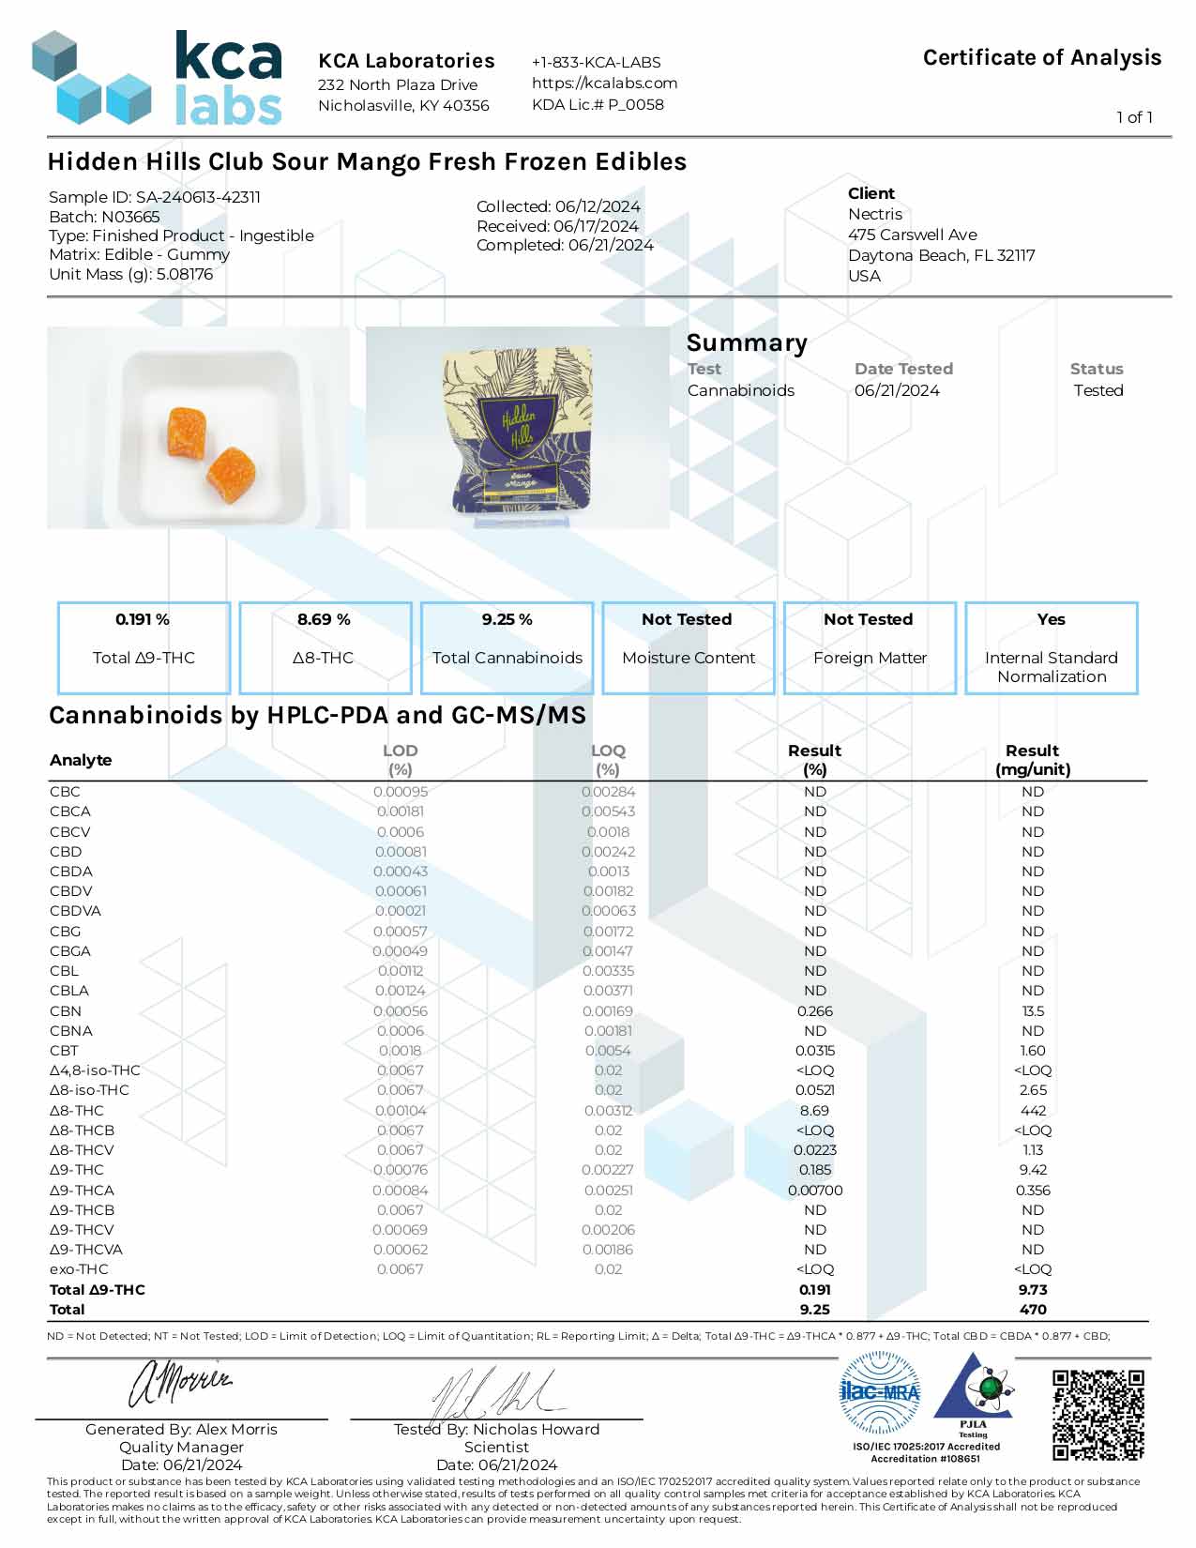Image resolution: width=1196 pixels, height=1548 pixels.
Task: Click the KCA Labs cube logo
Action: click(x=91, y=78)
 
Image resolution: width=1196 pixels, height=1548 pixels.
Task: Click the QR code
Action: click(x=1098, y=1415)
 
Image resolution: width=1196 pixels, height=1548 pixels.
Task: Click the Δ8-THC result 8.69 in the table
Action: click(x=814, y=1110)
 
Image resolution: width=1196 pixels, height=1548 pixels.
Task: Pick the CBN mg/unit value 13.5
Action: click(x=1033, y=1010)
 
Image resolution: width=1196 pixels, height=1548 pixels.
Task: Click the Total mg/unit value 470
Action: click(x=1033, y=1309)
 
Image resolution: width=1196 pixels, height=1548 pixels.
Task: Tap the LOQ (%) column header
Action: click(x=608, y=759)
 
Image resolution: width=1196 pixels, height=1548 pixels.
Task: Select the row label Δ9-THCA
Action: click(x=83, y=1190)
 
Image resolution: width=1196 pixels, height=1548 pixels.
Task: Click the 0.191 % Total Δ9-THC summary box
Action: click(x=144, y=647)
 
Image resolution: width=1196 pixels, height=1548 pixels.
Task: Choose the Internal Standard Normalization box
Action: click(x=1051, y=647)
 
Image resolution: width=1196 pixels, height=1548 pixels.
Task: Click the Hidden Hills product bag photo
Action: click(x=518, y=428)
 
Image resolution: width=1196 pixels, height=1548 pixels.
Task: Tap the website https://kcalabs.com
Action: click(x=604, y=83)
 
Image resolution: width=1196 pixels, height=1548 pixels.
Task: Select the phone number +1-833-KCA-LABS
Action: click(x=596, y=62)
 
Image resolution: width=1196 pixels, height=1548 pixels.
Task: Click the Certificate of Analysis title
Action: click(x=1041, y=58)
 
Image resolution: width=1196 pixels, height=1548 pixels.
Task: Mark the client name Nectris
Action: click(x=874, y=214)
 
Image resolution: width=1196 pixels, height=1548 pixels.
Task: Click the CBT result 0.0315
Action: click(x=814, y=1050)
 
